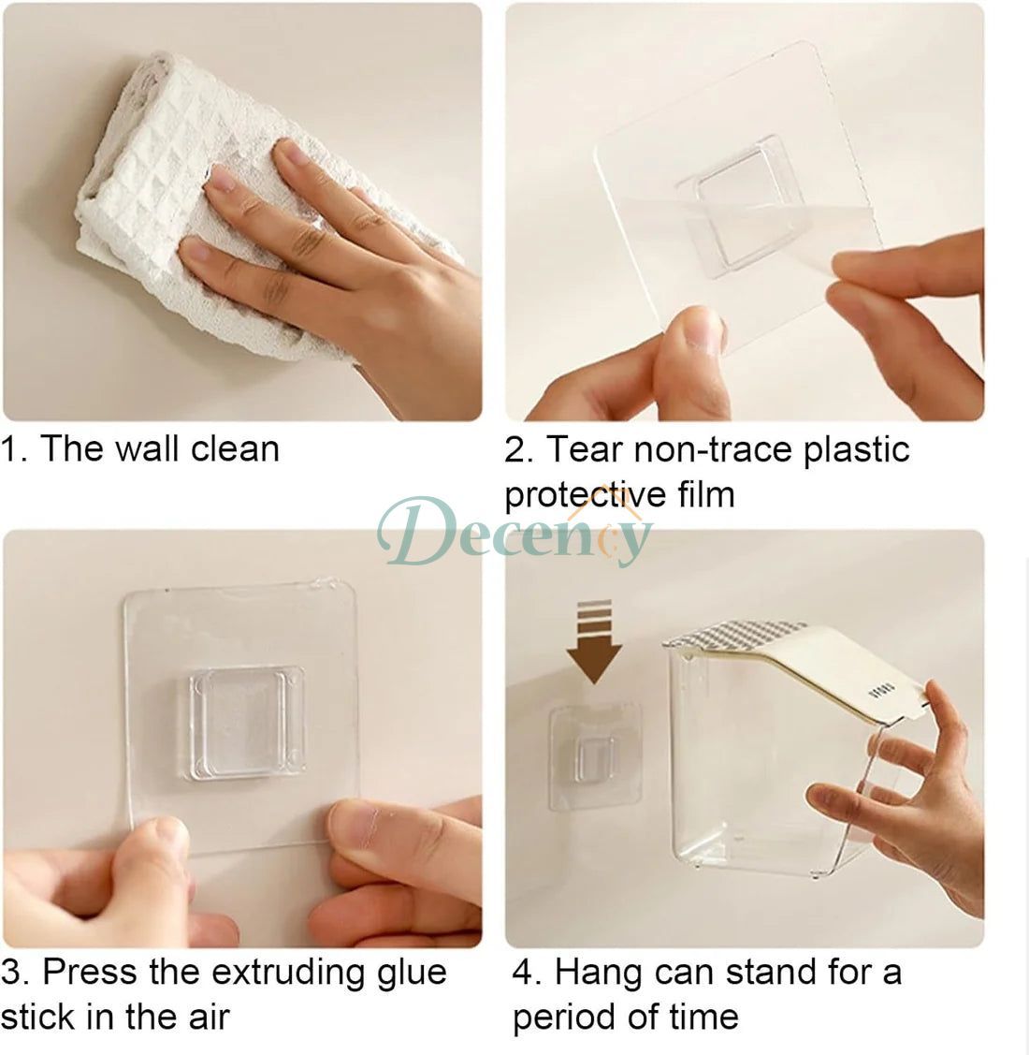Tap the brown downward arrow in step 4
(x=594, y=641)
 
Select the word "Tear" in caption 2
(x=583, y=448)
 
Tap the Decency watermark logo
(x=514, y=532)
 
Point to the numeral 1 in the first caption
(x=10, y=448)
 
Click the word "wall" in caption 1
(x=150, y=448)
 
